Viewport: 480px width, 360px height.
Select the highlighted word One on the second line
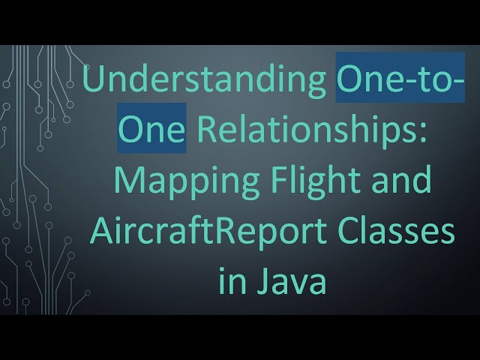[x=151, y=127]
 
